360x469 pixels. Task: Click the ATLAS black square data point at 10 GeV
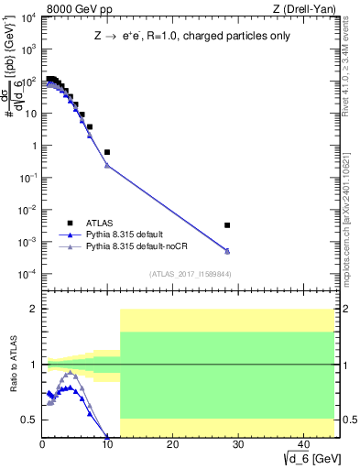coord(107,152)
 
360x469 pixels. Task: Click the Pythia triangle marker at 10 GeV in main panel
coord(107,166)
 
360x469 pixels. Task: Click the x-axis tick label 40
coord(301,445)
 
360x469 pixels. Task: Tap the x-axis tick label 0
coord(42,445)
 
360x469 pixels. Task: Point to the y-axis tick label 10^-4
coord(27,274)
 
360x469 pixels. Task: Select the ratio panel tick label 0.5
coord(30,420)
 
